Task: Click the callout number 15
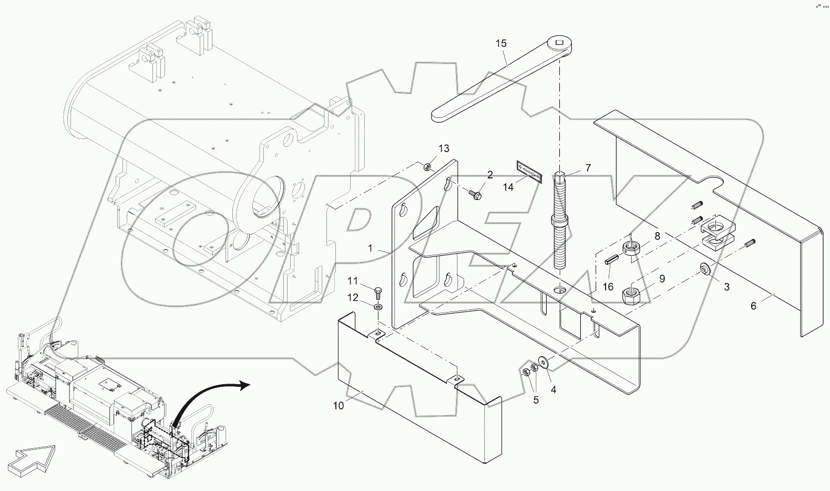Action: [x=501, y=43]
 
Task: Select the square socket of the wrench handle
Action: [x=560, y=42]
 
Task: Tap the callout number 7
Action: [x=588, y=168]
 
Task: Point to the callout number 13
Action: [x=444, y=148]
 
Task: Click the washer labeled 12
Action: [x=378, y=307]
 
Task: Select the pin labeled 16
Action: [x=611, y=260]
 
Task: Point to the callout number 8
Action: [x=657, y=237]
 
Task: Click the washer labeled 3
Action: [x=703, y=270]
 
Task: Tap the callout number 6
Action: [x=753, y=306]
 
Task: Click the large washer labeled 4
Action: [x=543, y=363]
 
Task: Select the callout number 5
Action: [x=536, y=400]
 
